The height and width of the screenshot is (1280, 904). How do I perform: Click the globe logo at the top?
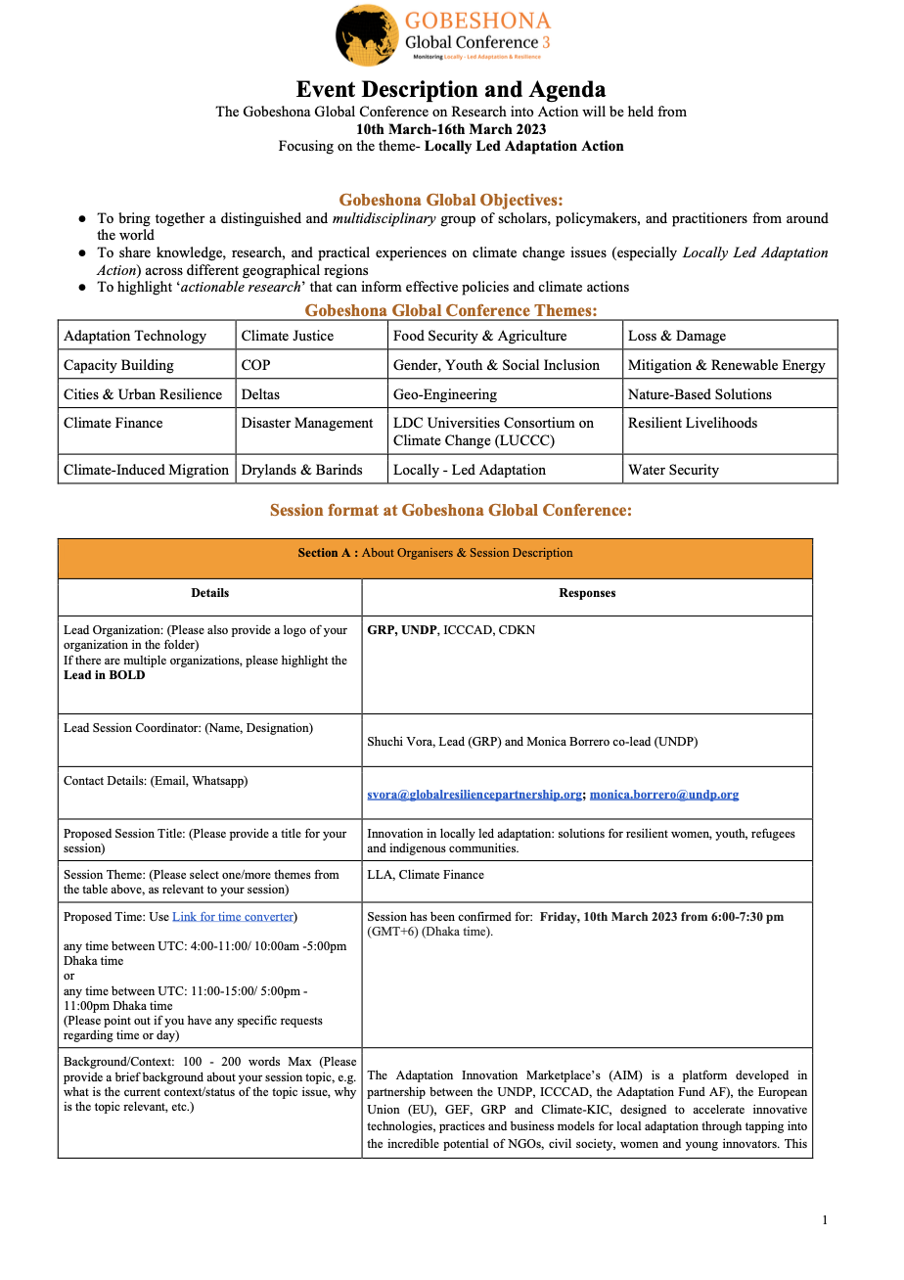[x=367, y=35]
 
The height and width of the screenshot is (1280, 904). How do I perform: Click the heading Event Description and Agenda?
[x=451, y=89]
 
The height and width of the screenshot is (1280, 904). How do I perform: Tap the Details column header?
[x=209, y=593]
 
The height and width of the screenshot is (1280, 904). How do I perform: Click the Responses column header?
[x=587, y=593]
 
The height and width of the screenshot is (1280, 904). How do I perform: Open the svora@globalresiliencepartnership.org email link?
[x=475, y=795]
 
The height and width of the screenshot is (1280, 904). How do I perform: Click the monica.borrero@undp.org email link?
[x=664, y=795]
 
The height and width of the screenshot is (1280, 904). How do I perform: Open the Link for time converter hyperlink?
[x=233, y=917]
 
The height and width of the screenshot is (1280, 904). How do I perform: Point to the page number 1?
[x=825, y=1220]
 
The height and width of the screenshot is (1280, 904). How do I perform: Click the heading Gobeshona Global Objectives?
[x=451, y=200]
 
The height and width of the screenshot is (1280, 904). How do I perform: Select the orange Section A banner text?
[x=435, y=553]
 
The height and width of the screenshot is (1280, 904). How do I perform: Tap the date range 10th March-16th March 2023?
[x=451, y=129]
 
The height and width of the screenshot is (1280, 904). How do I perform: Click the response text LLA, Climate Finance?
[x=426, y=875]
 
